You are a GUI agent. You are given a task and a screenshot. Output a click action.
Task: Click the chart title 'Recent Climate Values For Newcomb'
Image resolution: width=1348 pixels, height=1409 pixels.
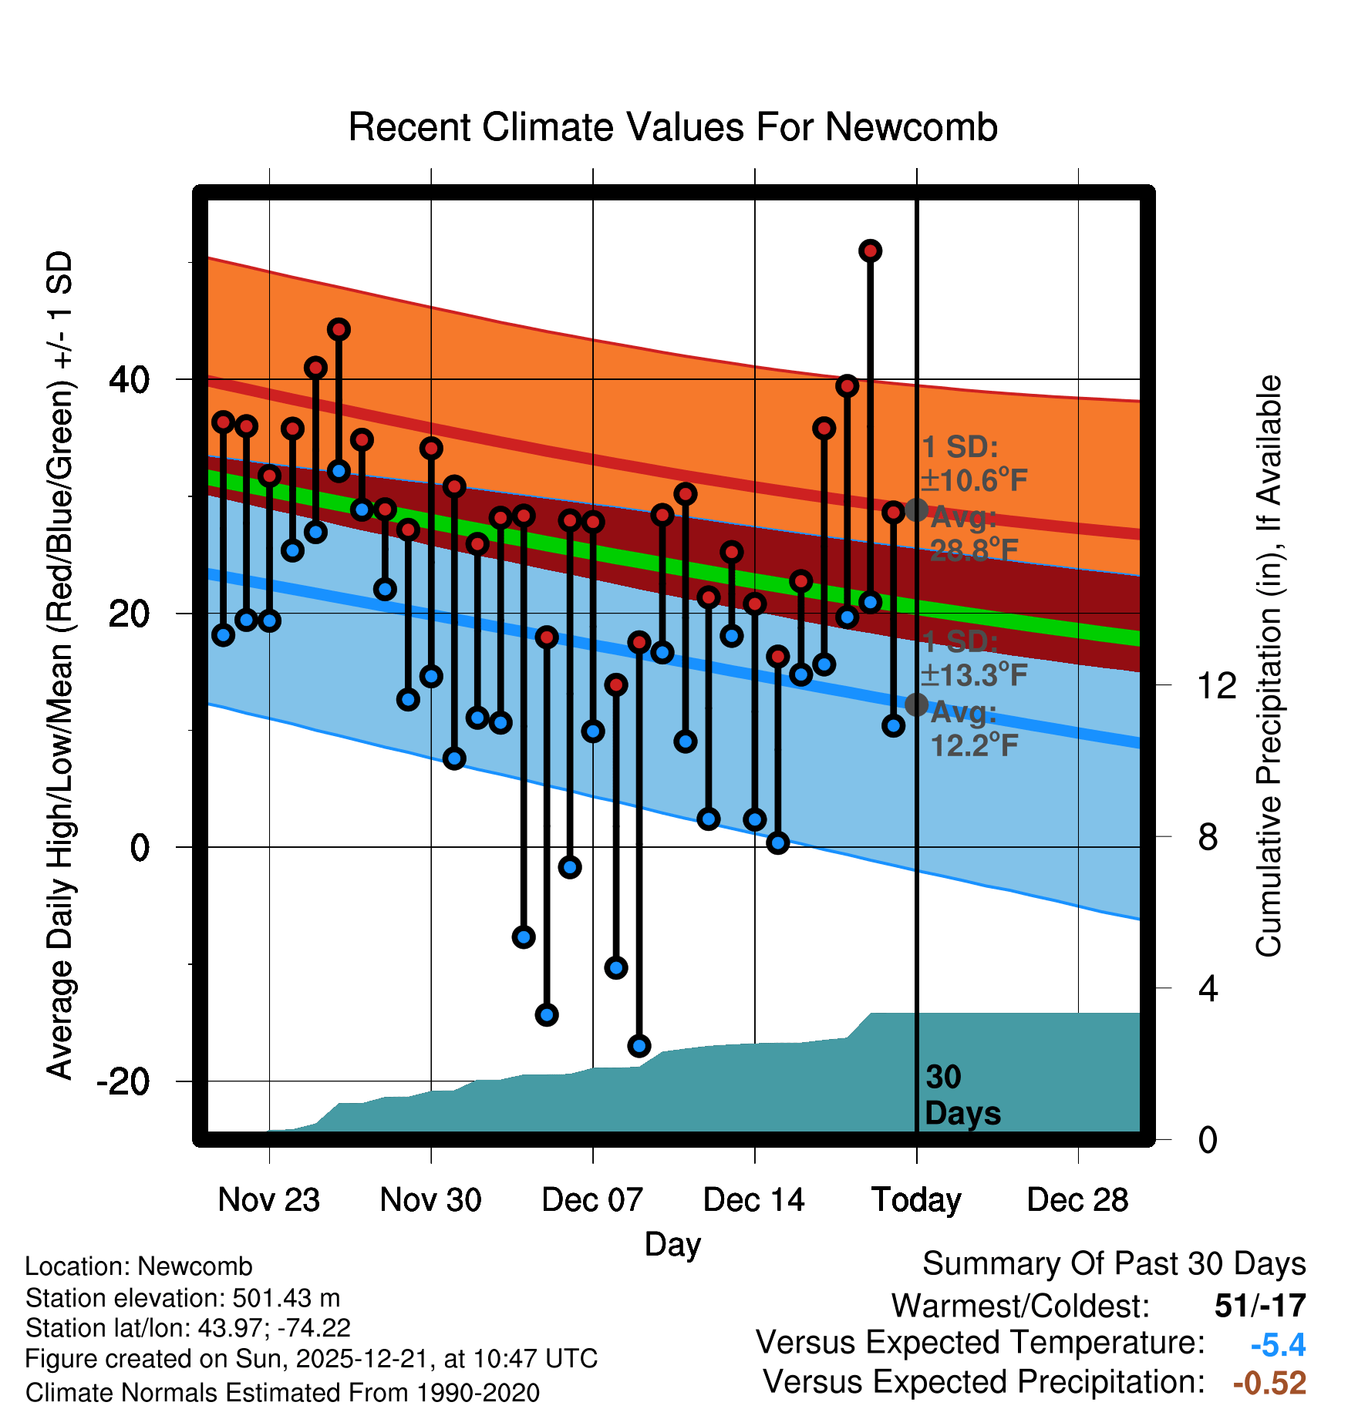tap(672, 127)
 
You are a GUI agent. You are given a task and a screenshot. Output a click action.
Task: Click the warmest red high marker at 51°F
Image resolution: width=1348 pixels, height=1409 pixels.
tap(870, 251)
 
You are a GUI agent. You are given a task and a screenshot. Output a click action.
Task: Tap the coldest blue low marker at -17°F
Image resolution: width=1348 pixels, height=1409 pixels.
tap(639, 1046)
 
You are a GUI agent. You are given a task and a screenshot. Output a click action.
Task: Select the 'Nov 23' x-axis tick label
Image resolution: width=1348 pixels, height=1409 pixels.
tap(268, 1200)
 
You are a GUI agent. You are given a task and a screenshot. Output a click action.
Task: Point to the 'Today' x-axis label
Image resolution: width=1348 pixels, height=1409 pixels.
tap(916, 1200)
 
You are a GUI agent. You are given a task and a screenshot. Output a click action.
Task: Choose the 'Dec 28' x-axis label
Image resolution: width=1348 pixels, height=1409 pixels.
tap(1077, 1200)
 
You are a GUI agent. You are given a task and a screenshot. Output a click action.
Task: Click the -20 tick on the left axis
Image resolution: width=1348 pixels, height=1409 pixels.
tap(123, 1081)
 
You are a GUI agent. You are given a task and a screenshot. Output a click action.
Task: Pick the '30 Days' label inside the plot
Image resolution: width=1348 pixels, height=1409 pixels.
tap(962, 1095)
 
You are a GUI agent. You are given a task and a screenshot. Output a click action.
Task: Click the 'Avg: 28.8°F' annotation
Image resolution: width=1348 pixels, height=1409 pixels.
tap(973, 533)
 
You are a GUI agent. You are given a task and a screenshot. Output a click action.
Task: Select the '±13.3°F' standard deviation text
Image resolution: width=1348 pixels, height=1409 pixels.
tap(974, 675)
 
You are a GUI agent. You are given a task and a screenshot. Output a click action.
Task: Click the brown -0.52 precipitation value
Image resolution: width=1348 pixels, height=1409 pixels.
tap(1269, 1383)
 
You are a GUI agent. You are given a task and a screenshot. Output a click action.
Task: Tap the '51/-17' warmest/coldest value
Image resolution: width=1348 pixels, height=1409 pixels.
tap(1260, 1306)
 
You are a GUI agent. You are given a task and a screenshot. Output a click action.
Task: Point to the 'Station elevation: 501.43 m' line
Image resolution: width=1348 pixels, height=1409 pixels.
tap(183, 1298)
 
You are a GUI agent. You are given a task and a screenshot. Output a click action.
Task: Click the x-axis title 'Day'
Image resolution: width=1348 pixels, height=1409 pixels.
tap(672, 1244)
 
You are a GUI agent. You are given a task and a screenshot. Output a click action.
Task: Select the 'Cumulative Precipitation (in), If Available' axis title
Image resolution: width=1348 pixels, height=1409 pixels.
tap(1268, 667)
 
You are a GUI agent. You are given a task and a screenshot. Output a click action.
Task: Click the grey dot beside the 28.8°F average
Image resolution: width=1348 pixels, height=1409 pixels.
tap(916, 509)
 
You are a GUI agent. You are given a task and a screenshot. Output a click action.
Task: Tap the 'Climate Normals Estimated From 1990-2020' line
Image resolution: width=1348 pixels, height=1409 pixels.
tap(282, 1393)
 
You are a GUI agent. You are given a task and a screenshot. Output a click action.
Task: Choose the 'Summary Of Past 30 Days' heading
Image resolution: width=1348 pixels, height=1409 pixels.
tap(1114, 1264)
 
